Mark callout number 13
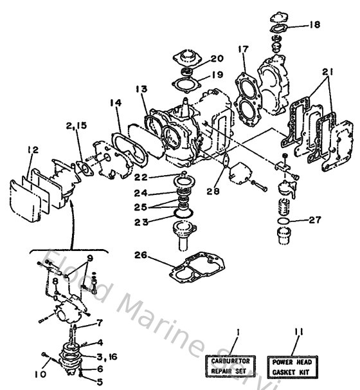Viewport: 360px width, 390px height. tap(141, 88)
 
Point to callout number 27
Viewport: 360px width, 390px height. tap(314, 219)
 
